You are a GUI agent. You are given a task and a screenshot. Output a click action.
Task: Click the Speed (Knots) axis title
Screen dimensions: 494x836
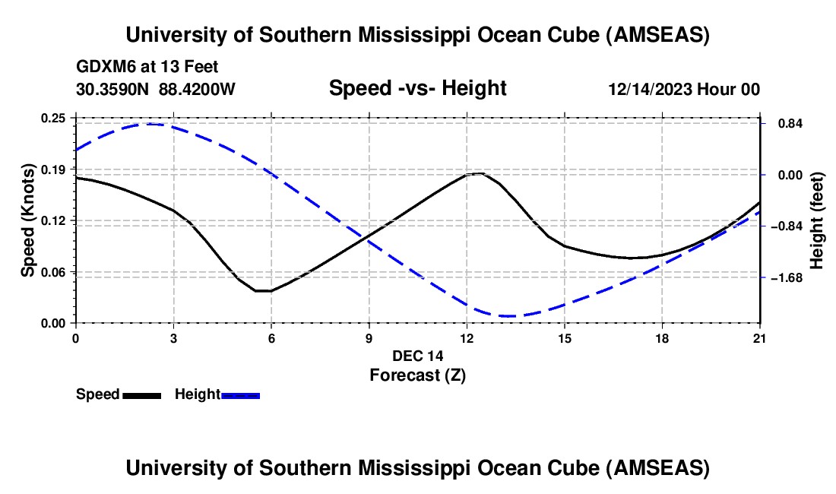click(27, 220)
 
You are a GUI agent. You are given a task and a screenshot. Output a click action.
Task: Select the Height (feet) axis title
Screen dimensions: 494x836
click(817, 220)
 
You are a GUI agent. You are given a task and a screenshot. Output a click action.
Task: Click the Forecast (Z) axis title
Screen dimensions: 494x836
click(417, 374)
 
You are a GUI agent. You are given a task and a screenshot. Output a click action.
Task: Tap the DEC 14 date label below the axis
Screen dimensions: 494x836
click(417, 355)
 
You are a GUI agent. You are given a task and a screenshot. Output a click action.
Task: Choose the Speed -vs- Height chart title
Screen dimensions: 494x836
click(417, 89)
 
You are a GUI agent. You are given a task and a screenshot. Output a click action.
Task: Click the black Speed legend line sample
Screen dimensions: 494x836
click(141, 395)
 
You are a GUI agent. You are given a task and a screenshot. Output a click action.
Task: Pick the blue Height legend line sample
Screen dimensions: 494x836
click(240, 395)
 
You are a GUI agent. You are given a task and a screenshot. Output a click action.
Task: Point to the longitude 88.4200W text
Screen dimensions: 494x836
click(198, 89)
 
